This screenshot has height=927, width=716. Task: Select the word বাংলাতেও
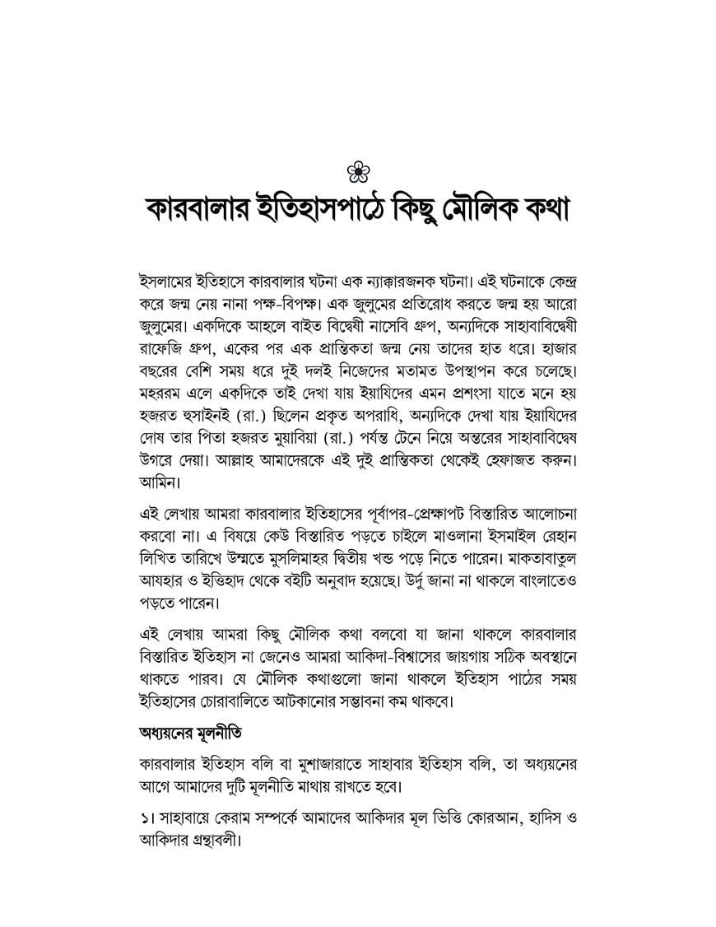click(543, 601)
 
